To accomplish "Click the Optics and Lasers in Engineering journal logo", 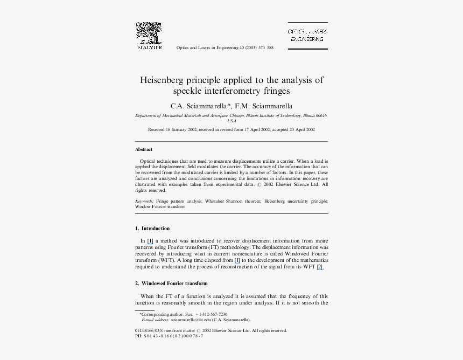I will [x=307, y=36].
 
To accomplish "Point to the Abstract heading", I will [x=144, y=149].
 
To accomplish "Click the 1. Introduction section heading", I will [x=152, y=229].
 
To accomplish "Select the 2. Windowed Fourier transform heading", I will [x=171, y=283].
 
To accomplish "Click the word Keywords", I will [x=144, y=201].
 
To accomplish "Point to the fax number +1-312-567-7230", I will [x=212, y=314].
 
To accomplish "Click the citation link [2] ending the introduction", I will [x=320, y=267].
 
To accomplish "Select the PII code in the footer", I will [x=169, y=336].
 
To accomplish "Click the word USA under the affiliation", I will [x=231, y=121].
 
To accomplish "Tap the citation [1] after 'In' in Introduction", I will [x=150, y=241].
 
